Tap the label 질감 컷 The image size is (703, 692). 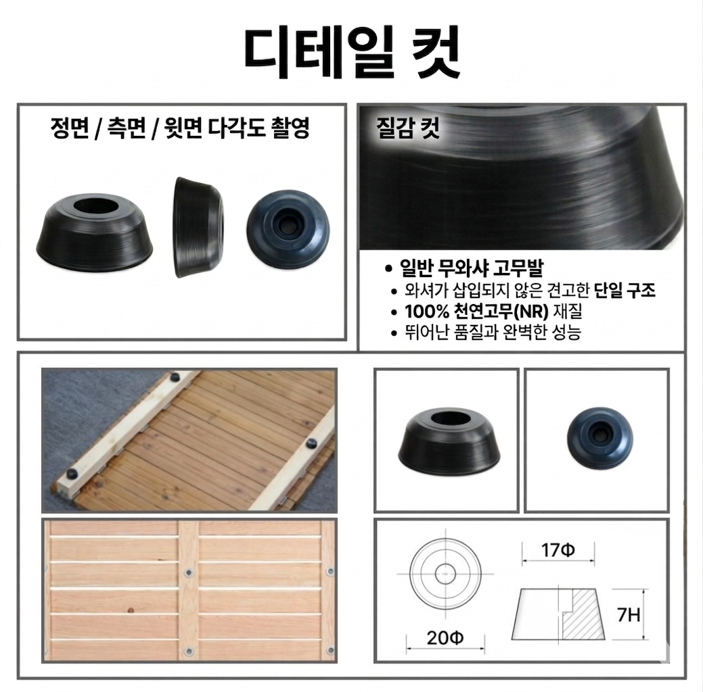[x=408, y=128]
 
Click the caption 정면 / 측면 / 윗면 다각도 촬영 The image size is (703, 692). [x=180, y=128]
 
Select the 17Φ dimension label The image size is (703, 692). [x=558, y=549]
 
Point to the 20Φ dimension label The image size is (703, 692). [x=445, y=638]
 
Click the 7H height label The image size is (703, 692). [x=629, y=614]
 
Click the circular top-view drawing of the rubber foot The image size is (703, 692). [x=445, y=574]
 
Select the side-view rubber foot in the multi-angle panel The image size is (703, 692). [x=198, y=227]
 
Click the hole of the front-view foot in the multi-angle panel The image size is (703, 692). [x=96, y=206]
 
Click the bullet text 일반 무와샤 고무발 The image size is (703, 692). [x=471, y=268]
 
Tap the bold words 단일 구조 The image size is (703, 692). [x=625, y=291]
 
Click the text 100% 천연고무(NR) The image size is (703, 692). [x=476, y=312]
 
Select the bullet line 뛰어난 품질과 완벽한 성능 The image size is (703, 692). [x=493, y=332]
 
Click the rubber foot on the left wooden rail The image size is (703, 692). [x=70, y=474]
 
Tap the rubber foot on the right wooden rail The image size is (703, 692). [x=311, y=445]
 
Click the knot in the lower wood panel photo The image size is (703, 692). [x=131, y=610]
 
